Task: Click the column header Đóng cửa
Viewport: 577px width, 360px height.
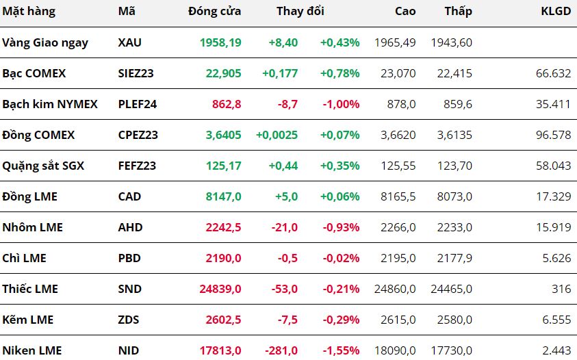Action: (214, 11)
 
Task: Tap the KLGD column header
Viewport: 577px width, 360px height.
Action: (556, 11)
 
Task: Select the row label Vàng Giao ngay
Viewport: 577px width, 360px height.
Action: (45, 42)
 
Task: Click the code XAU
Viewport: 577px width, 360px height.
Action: (129, 42)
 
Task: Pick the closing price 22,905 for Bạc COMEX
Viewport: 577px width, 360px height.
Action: (223, 73)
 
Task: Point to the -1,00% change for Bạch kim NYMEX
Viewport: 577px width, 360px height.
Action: (341, 104)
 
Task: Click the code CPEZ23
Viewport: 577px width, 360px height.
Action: (138, 135)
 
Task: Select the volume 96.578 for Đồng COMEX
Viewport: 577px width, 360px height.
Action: (554, 135)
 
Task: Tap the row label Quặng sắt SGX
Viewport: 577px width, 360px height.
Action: (43, 166)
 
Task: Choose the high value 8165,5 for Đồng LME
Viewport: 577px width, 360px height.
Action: (398, 196)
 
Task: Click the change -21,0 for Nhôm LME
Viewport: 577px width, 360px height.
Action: (285, 227)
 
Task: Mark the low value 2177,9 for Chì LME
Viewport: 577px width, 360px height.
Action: (454, 259)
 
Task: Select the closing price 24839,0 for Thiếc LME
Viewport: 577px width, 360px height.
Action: (220, 289)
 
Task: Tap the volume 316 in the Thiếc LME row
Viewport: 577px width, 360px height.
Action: (561, 289)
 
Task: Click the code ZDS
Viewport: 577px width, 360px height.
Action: (129, 320)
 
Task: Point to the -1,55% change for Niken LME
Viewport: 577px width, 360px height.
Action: (341, 350)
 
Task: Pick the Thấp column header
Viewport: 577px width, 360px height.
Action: (458, 12)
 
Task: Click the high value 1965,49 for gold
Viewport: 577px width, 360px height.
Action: (395, 42)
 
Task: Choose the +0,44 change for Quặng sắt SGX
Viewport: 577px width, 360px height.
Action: (283, 166)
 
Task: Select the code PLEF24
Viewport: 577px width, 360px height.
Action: (138, 104)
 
